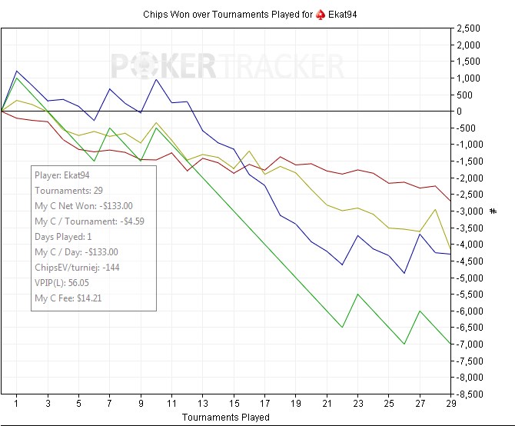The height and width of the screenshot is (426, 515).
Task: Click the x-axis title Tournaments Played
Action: [x=225, y=418]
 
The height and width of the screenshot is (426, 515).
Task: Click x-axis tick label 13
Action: [x=203, y=402]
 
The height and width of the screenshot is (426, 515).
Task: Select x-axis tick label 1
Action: [x=17, y=402]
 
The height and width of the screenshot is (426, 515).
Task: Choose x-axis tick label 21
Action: [x=327, y=402]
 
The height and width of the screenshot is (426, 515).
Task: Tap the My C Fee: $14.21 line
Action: [x=68, y=298]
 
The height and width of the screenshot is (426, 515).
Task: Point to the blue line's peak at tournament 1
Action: [x=17, y=71]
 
